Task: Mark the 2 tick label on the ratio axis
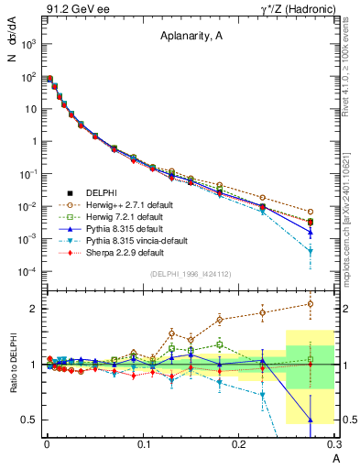coord(35,309)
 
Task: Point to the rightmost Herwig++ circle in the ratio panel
coord(311,304)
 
